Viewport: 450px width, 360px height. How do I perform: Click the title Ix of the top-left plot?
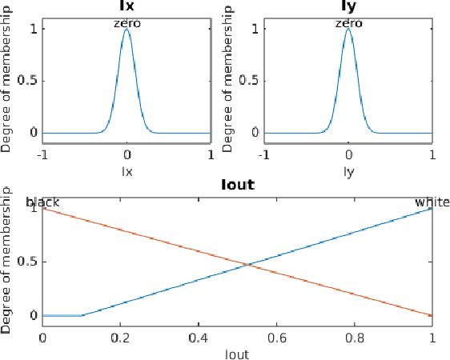click(x=127, y=6)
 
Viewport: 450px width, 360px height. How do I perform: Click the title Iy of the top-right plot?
click(x=348, y=6)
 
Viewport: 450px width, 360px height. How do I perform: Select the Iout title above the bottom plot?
click(x=237, y=186)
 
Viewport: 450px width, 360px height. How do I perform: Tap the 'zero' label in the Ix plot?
click(x=127, y=23)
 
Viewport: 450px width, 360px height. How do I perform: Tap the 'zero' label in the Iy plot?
click(x=348, y=23)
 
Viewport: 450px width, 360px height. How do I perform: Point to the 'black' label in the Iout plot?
click(x=43, y=202)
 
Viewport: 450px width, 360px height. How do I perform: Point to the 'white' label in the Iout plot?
click(x=432, y=202)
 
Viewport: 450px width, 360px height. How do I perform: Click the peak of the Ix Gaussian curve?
click(x=127, y=30)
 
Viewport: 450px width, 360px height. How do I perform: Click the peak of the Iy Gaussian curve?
click(x=348, y=30)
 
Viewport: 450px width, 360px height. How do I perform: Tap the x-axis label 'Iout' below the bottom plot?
click(x=237, y=352)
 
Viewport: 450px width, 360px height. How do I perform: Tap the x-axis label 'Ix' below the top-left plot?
click(x=127, y=170)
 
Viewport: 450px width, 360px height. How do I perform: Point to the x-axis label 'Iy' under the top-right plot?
click(x=348, y=170)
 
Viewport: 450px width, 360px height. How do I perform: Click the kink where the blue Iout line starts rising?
click(x=82, y=315)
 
